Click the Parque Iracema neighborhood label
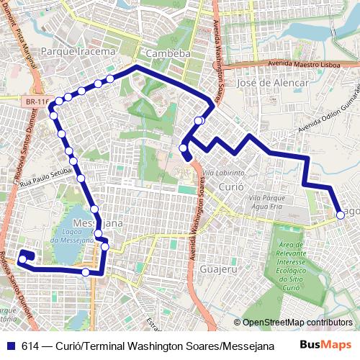(78, 52)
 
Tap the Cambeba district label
(166, 53)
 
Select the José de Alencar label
(273, 83)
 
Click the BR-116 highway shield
(34, 104)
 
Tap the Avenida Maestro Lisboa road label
(289, 63)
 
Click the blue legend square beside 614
(11, 345)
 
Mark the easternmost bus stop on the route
(341, 214)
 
